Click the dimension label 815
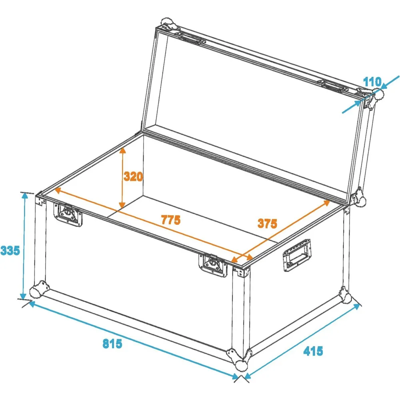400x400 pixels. [x=112, y=344]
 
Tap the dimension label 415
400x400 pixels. [x=313, y=351]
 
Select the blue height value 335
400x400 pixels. [x=10, y=250]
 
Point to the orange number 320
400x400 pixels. [x=133, y=176]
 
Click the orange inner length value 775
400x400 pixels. [x=171, y=220]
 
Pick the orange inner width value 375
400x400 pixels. [x=267, y=224]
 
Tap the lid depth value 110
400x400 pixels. [x=372, y=82]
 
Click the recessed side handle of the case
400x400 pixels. [x=297, y=255]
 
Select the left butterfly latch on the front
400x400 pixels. [x=68, y=214]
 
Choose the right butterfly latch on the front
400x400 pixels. [x=213, y=265]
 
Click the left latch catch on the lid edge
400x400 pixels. [x=192, y=38]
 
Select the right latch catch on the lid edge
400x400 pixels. [x=333, y=85]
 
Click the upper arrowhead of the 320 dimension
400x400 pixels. [x=123, y=150]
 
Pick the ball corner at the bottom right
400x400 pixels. [x=346, y=296]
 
